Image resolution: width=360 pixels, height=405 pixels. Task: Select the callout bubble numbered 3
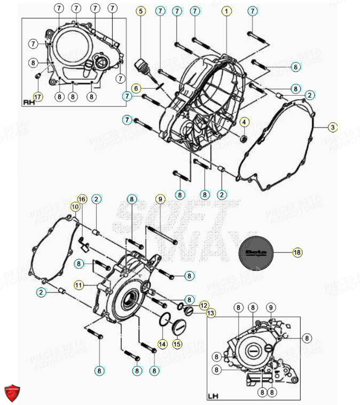pos(333,127)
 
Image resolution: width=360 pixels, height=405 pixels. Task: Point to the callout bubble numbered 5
pos(140,11)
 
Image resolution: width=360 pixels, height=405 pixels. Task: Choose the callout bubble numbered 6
pos(136,88)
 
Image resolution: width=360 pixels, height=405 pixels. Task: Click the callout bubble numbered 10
pos(75,206)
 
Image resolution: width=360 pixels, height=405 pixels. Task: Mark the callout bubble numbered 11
pos(79,285)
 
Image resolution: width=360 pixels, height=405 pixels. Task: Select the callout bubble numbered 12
pos(204,305)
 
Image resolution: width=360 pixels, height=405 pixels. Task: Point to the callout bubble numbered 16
pos(82,199)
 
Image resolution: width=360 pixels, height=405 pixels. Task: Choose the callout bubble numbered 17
pos(37,97)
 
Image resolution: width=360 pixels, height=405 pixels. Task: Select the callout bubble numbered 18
pos(297,252)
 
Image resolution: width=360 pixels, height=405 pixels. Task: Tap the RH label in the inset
pos(29,102)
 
